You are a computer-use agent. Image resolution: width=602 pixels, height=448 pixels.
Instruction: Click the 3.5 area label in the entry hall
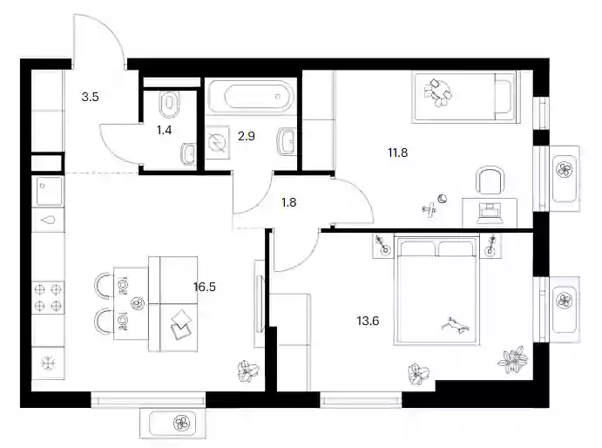tap(91, 97)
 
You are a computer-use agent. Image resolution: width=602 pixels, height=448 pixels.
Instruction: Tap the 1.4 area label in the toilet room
tap(164, 130)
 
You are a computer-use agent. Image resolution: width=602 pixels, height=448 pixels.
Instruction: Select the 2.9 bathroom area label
tap(246, 136)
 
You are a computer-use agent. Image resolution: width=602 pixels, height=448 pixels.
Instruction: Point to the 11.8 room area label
tap(398, 153)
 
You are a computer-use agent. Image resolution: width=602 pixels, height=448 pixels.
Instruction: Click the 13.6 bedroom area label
tap(368, 321)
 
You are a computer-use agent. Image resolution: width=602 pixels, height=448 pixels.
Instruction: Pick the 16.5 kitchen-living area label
tap(205, 287)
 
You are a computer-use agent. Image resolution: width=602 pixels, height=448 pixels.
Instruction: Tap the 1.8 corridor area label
tap(288, 202)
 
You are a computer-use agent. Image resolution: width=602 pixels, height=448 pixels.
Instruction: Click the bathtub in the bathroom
tap(253, 96)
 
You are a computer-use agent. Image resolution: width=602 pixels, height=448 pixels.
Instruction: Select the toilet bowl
tap(169, 104)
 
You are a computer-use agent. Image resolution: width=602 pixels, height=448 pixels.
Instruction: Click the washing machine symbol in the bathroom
tap(217, 143)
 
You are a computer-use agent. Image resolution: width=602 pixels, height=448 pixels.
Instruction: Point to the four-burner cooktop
tap(48, 297)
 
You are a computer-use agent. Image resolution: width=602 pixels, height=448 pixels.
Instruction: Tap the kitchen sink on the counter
tap(48, 220)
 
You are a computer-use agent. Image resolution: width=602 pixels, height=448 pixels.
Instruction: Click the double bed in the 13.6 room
tap(436, 290)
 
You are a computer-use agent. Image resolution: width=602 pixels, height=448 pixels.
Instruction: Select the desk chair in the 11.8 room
tap(490, 180)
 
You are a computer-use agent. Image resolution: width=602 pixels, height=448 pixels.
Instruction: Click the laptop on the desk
tap(490, 214)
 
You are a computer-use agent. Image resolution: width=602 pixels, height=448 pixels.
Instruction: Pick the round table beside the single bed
tap(437, 93)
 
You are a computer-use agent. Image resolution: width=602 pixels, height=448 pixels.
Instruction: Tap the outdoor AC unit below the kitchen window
tap(172, 424)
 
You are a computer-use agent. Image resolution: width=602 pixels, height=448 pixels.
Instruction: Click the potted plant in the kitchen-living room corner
tap(248, 370)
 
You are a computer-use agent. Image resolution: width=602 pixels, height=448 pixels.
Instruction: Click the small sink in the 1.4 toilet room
tap(189, 153)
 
